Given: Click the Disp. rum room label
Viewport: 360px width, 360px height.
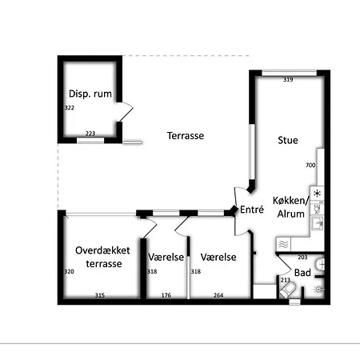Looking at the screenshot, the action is pyautogui.click(x=90, y=94).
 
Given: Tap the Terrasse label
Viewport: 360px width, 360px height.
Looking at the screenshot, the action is pyautogui.click(x=186, y=136).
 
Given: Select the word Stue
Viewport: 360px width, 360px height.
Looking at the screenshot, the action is pyautogui.click(x=288, y=140).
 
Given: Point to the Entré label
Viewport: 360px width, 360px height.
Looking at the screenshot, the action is pyautogui.click(x=252, y=210).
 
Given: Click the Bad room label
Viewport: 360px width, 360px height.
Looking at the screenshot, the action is pyautogui.click(x=302, y=273).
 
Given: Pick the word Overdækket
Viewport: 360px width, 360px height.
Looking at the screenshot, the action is pyautogui.click(x=102, y=250).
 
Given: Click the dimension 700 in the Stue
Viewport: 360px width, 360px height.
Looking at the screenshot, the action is pyautogui.click(x=310, y=166).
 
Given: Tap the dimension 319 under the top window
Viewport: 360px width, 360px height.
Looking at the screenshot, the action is pyautogui.click(x=288, y=79).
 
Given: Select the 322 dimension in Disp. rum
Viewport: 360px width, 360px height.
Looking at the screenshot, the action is pyautogui.click(x=70, y=108).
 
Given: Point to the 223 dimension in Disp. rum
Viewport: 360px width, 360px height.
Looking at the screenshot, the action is pyautogui.click(x=90, y=134).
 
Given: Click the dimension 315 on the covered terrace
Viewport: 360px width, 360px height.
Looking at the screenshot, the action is pyautogui.click(x=100, y=295).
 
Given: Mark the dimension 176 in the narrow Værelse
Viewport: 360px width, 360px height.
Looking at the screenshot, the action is pyautogui.click(x=166, y=295).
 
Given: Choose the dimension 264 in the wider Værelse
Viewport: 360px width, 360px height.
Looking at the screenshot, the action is pyautogui.click(x=218, y=295).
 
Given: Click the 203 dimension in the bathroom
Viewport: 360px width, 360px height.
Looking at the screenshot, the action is pyautogui.click(x=302, y=258).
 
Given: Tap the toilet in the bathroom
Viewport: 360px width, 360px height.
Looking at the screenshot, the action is pyautogui.click(x=287, y=290).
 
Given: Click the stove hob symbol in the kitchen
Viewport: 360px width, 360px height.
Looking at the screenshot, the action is pyautogui.click(x=317, y=193).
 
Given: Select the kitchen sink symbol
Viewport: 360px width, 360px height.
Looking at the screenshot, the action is pyautogui.click(x=318, y=223).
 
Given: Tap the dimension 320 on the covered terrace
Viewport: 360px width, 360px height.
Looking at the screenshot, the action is pyautogui.click(x=69, y=272).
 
